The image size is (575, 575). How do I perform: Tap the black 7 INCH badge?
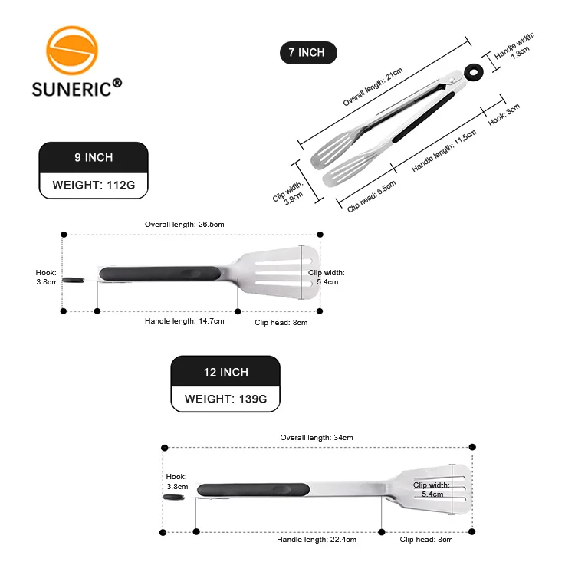tap(307, 53)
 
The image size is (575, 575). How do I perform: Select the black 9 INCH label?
tap(94, 157)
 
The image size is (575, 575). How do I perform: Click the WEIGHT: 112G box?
tap(94, 185)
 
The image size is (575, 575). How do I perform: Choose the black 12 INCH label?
tap(225, 372)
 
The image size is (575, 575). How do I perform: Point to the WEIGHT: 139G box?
tap(225, 399)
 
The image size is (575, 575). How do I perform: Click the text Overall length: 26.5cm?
tap(184, 225)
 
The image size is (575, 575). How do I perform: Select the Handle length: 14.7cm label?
tap(184, 321)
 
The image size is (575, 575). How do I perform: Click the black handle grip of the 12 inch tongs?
tap(253, 489)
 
